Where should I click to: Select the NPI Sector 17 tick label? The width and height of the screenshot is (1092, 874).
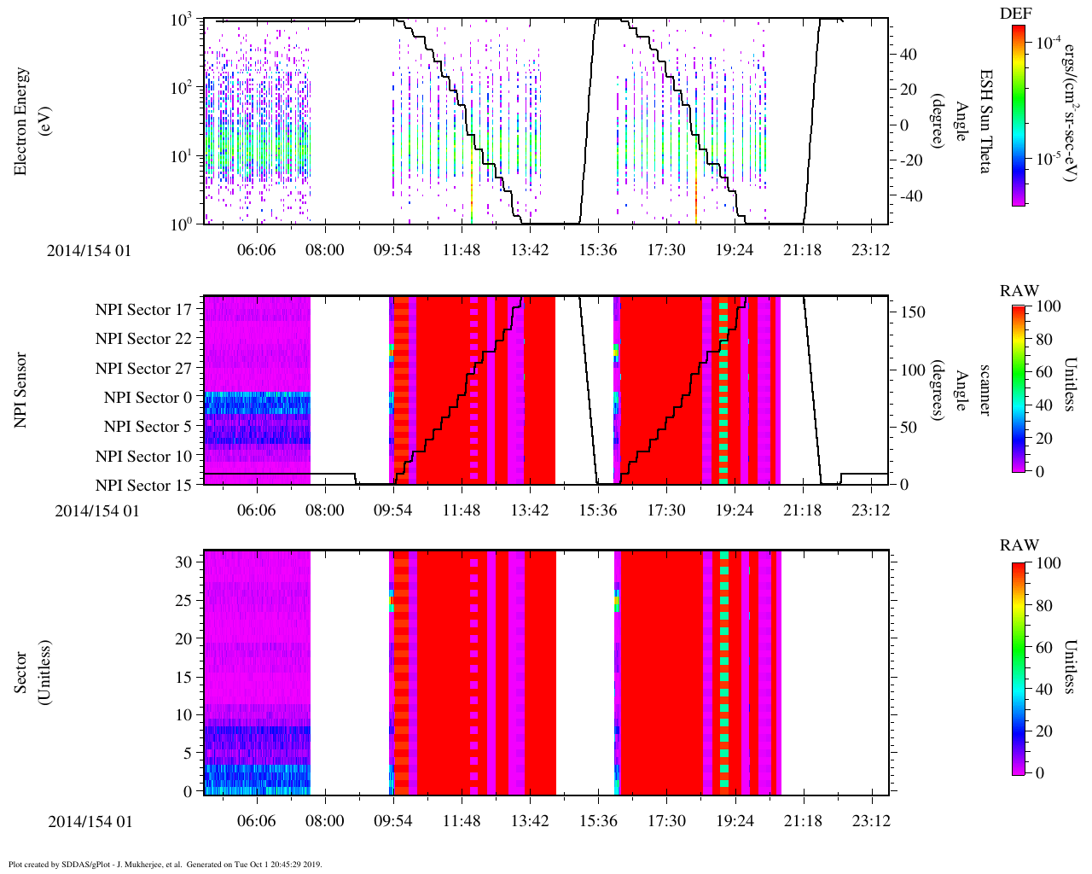pos(143,310)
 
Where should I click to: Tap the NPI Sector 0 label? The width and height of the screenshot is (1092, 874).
pos(148,398)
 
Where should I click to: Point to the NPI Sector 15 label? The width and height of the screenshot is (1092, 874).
pos(143,486)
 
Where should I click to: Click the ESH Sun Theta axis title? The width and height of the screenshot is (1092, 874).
pos(985,121)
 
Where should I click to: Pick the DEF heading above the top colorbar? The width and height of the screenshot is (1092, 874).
pos(1016,14)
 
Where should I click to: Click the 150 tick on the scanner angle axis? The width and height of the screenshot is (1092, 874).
pos(913,312)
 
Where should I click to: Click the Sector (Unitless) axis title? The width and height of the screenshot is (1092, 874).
pos(29,673)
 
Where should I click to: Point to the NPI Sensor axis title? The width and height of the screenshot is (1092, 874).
pos(20,390)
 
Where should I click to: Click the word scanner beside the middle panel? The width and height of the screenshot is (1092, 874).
pos(985,390)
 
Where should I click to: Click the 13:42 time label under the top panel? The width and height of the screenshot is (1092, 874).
pos(530,249)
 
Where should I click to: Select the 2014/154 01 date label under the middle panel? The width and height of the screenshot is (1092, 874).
pos(96,510)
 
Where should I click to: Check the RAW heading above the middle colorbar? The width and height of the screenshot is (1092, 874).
pos(1019,291)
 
